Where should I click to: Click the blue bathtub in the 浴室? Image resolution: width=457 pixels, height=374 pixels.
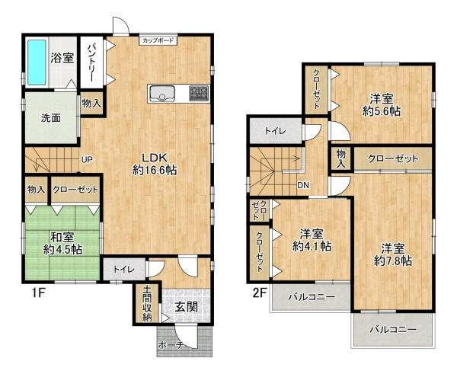[36, 62]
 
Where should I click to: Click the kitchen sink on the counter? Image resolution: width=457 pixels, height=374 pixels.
[163, 94]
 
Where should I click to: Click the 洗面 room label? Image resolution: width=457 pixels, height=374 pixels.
[51, 118]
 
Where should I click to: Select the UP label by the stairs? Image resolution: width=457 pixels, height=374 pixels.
[87, 159]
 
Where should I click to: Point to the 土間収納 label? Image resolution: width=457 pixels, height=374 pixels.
[146, 304]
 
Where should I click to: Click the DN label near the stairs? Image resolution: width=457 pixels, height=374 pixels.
[303, 185]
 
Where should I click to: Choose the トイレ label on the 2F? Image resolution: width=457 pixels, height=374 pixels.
[275, 131]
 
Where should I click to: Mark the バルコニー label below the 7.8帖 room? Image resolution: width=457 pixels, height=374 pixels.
[394, 330]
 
